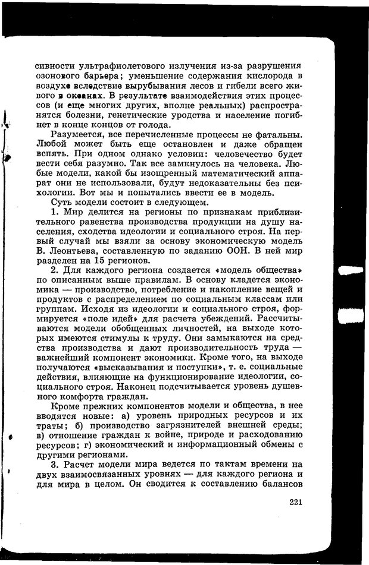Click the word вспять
click(x=50, y=159)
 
